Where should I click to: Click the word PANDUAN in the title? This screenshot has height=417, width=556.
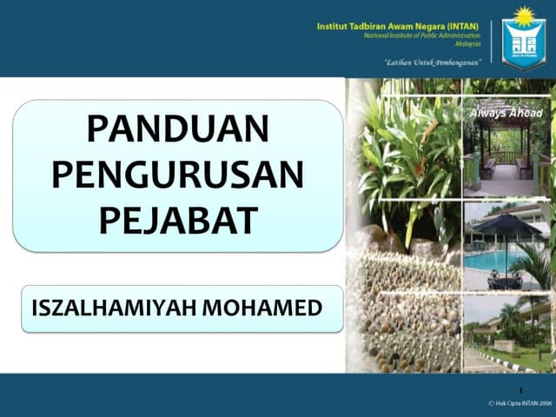coord(177,130)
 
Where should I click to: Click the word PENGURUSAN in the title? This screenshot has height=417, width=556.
coord(177,175)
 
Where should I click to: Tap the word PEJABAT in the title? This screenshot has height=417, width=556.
coord(177,220)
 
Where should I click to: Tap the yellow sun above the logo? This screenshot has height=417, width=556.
coord(524,15)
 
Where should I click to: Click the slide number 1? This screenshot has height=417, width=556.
coord(519,390)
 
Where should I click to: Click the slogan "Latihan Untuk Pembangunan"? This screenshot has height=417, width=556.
coord(433,63)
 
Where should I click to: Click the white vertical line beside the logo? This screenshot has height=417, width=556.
coord(493,43)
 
